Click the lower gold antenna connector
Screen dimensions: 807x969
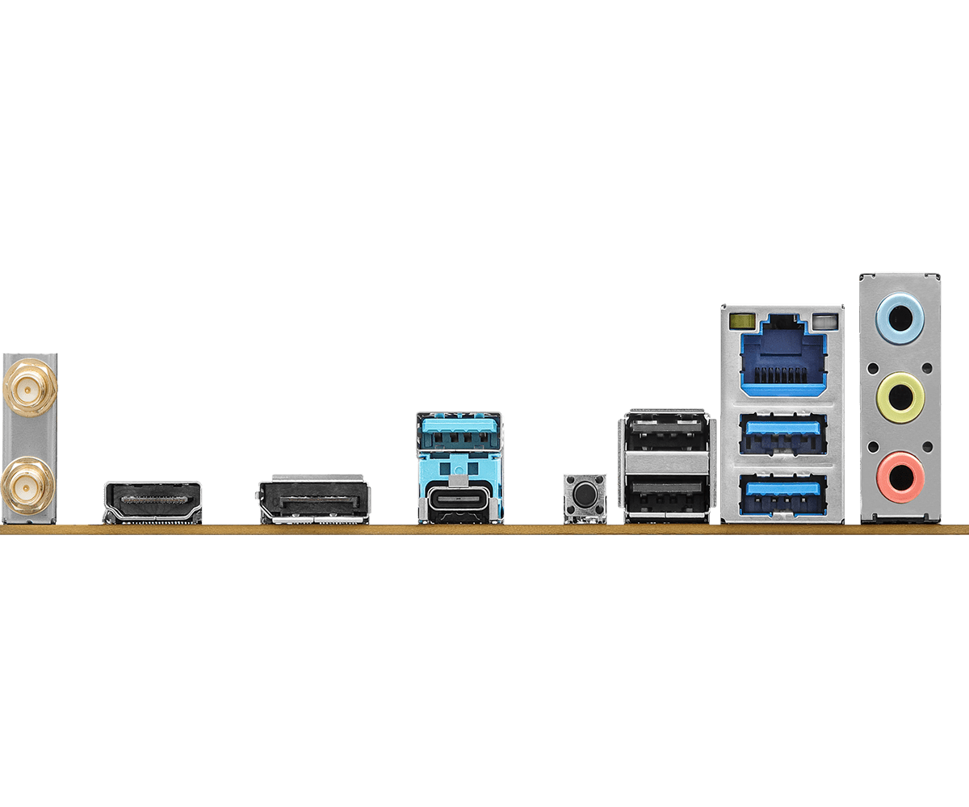click(x=28, y=485)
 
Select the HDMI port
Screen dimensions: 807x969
click(x=153, y=502)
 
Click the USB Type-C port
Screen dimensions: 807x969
click(x=459, y=500)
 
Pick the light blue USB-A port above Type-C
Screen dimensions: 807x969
click(x=459, y=431)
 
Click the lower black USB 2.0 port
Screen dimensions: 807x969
click(x=668, y=493)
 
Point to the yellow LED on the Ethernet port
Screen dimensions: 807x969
click(x=737, y=322)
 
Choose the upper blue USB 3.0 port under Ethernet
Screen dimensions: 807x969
click(x=782, y=433)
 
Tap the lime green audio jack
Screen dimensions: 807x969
click(x=900, y=395)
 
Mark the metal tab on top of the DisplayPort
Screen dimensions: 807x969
click(x=313, y=478)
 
